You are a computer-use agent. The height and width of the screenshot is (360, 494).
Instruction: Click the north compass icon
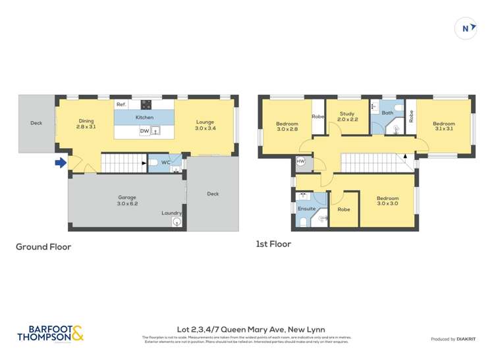pyautogui.click(x=466, y=28)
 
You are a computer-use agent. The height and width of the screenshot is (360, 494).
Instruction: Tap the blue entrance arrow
pyautogui.click(x=61, y=163)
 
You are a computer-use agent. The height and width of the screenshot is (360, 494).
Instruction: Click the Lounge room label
pyautogui.click(x=205, y=124)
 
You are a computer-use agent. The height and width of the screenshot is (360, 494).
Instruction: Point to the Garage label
pyautogui.click(x=127, y=199)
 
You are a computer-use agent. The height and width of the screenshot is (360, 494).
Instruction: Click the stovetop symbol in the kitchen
pyautogui.click(x=146, y=104)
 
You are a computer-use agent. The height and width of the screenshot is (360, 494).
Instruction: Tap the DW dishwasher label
pyautogui.click(x=144, y=131)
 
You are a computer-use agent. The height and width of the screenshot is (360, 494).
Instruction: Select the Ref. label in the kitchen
pyautogui.click(x=121, y=105)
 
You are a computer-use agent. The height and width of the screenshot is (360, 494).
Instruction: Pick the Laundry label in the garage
pyautogui.click(x=172, y=213)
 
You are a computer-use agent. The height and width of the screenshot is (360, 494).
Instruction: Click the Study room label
pyautogui.click(x=347, y=116)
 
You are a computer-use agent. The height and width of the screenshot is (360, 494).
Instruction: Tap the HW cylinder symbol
pyautogui.click(x=301, y=161)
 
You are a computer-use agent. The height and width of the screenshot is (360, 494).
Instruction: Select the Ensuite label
pyautogui.click(x=306, y=209)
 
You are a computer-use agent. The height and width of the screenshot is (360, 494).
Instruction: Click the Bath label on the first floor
pyautogui.click(x=387, y=113)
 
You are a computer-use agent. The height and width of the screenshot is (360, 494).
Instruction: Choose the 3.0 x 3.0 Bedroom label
pyautogui.click(x=387, y=201)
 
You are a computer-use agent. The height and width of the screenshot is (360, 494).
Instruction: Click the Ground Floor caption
pyautogui.click(x=43, y=247)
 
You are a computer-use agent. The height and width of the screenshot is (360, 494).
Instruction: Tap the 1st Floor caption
pyautogui.click(x=273, y=244)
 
